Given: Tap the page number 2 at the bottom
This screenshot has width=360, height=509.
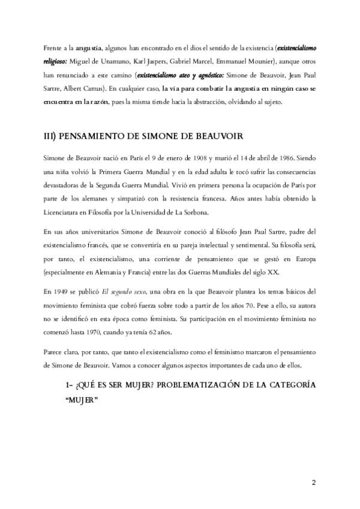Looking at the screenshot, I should (313, 482).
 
